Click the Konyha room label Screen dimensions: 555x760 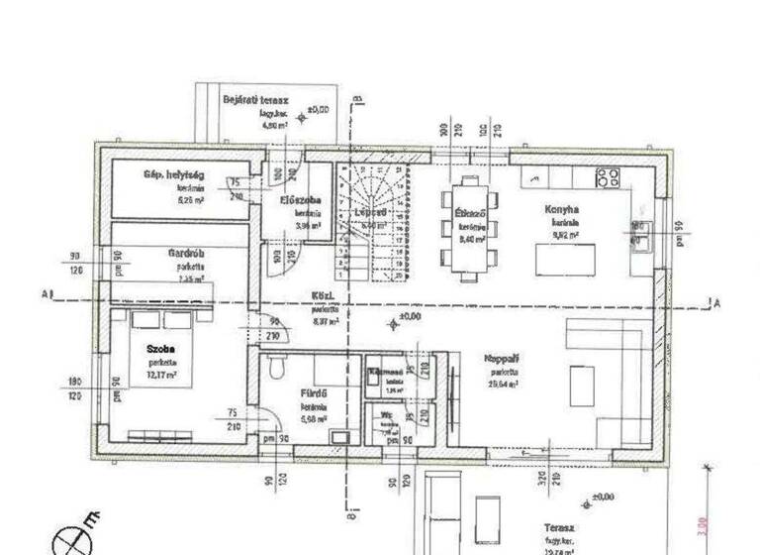click(560, 210)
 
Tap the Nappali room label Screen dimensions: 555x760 click(504, 358)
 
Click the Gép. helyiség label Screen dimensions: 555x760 click(173, 174)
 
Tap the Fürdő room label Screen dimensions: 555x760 click(315, 393)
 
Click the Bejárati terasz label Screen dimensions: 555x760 click(260, 100)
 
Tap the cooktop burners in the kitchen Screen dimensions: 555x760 click(607, 178)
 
